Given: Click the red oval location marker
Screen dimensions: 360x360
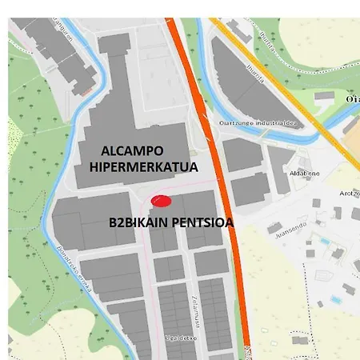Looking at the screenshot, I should [162, 200].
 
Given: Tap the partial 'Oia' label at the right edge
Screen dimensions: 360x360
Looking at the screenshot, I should [352, 98].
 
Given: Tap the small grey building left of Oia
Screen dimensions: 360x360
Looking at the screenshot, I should [324, 96].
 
